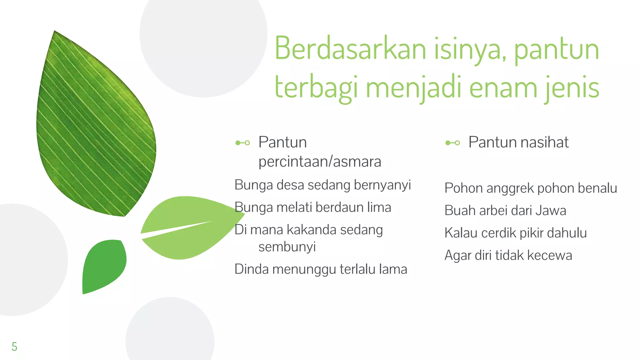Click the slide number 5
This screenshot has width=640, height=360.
tap(14, 347)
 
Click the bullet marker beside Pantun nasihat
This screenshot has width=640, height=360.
tap(452, 143)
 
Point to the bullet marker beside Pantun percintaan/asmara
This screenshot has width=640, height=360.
tap(242, 143)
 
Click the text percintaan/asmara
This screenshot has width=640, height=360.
tap(320, 162)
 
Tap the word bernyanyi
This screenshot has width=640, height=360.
tap(382, 185)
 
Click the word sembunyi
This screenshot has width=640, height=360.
tap(287, 247)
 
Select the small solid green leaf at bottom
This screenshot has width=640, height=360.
tap(103, 266)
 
